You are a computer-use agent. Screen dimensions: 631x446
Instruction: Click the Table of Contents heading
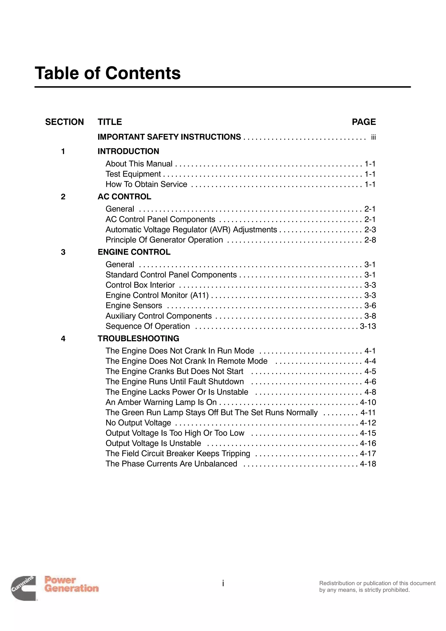[x=108, y=73]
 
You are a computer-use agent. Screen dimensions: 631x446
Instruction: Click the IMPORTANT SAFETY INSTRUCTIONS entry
[x=169, y=137]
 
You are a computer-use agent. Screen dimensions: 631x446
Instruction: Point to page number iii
[x=373, y=137]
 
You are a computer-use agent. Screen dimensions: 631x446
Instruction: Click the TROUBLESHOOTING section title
[x=138, y=338]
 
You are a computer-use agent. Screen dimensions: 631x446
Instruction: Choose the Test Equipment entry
[x=133, y=174]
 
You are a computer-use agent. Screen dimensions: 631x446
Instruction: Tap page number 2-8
[x=370, y=240]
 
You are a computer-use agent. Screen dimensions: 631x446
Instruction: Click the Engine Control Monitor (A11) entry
[x=157, y=295]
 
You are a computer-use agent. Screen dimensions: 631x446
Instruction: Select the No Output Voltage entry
[x=138, y=423]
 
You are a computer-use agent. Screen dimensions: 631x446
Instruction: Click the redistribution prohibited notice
[x=377, y=587]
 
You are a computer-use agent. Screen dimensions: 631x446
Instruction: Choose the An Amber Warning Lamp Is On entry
[x=161, y=402]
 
